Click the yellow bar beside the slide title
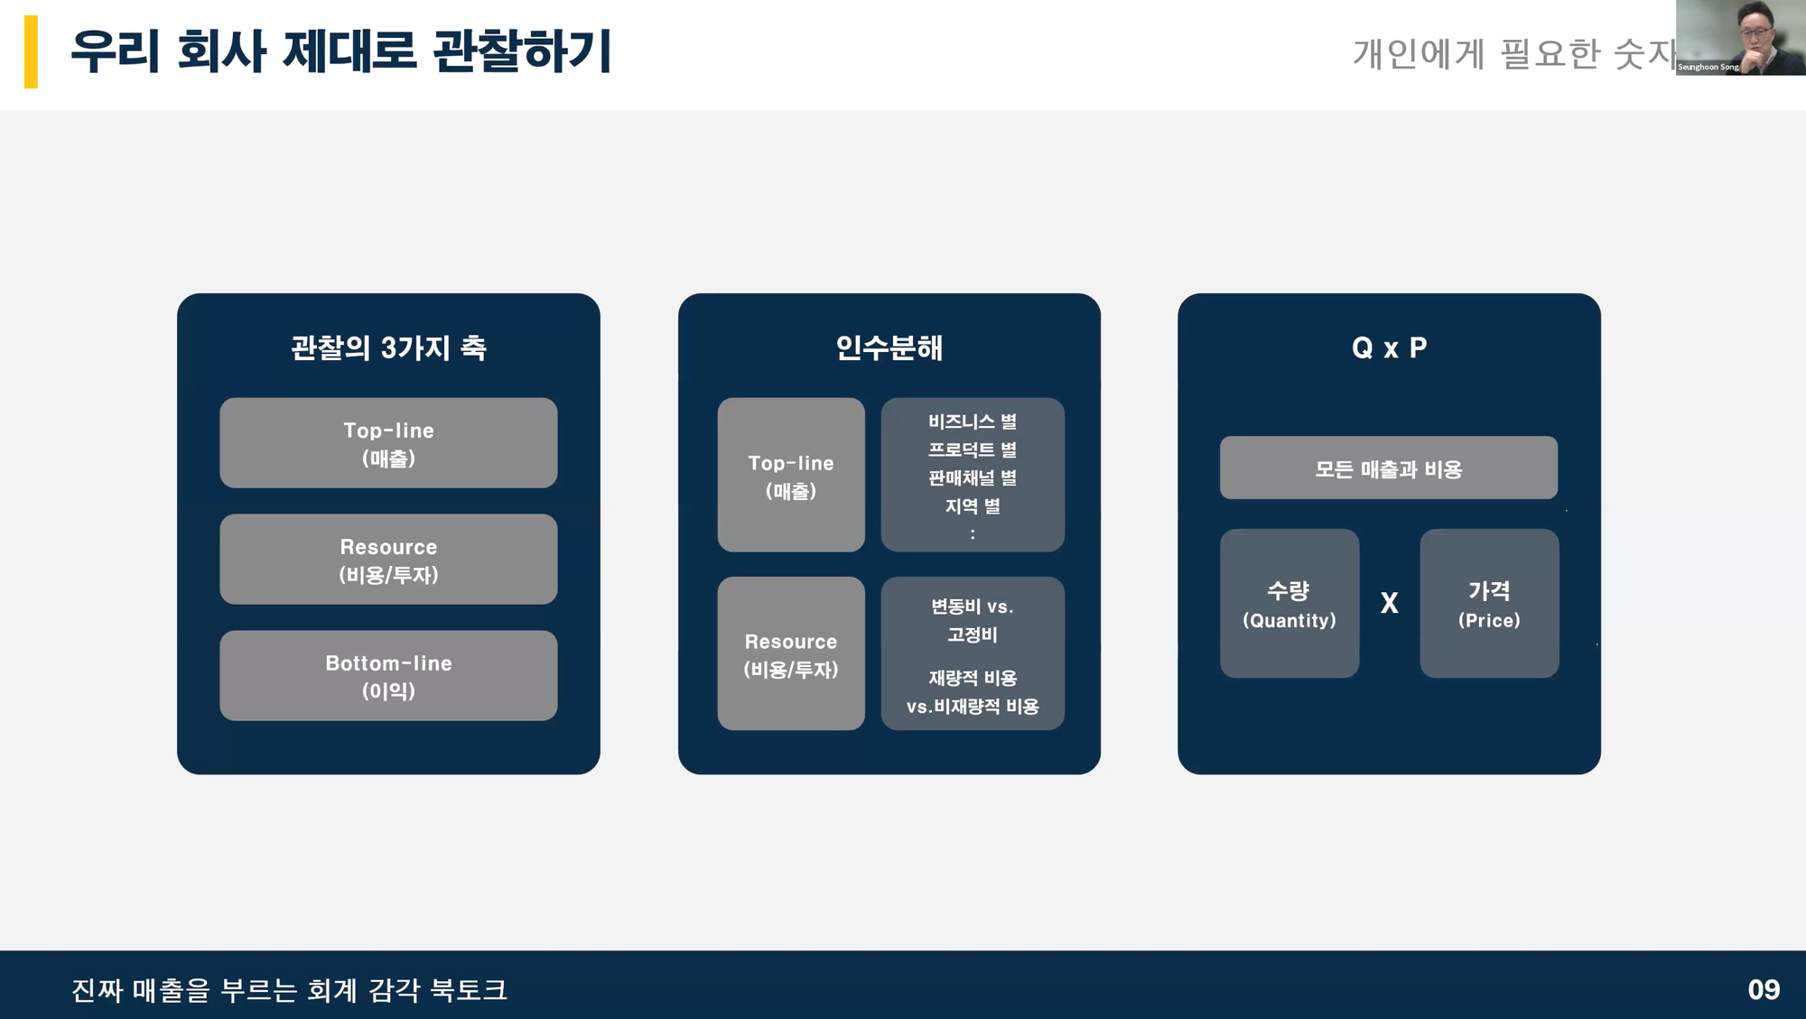pyautogui.click(x=31, y=51)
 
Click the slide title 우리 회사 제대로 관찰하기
pyautogui.click(x=340, y=51)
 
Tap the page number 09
pyautogui.click(x=1763, y=989)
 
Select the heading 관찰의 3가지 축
pyautogui.click(x=388, y=347)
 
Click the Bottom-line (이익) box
pyautogui.click(x=388, y=676)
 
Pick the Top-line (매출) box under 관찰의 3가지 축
pyautogui.click(x=388, y=443)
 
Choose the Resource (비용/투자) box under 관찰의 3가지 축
pyautogui.click(x=388, y=560)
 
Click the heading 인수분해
pyautogui.click(x=889, y=347)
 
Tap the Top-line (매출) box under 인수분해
pyautogui.click(x=791, y=475)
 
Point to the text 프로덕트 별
pyautogui.click(x=973, y=449)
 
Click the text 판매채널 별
pyautogui.click(x=973, y=477)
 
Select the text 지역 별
pyautogui.click(x=973, y=506)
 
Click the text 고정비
pyautogui.click(x=973, y=635)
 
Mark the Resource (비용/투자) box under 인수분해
pyautogui.click(x=791, y=653)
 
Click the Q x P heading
pyautogui.click(x=1389, y=347)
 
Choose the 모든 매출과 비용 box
pyautogui.click(x=1388, y=468)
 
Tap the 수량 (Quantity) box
pyautogui.click(x=1289, y=603)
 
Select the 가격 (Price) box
pyautogui.click(x=1489, y=603)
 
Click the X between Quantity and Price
pyautogui.click(x=1390, y=603)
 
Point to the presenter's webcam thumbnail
pyautogui.click(x=1740, y=37)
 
